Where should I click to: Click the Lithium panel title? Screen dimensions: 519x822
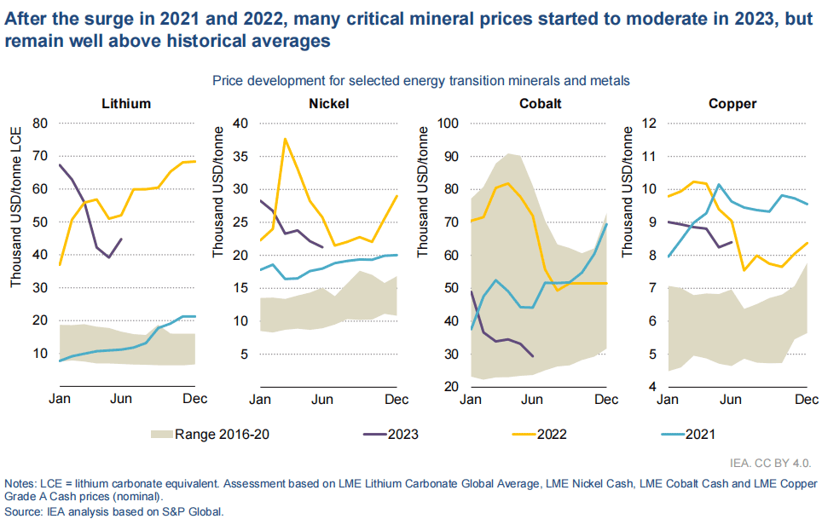click(x=126, y=104)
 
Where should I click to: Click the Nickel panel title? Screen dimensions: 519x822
click(x=328, y=104)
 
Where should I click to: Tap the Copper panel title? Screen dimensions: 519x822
click(x=732, y=104)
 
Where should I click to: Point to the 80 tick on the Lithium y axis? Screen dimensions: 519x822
click(x=39, y=123)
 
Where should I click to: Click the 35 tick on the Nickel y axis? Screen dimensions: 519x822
click(x=240, y=156)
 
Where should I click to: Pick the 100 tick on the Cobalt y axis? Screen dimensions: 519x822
click(x=447, y=123)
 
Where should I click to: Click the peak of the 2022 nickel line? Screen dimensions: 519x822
click(x=285, y=139)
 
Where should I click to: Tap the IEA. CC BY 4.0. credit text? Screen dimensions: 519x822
click(x=770, y=464)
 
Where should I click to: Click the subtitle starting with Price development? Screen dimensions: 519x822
click(x=420, y=81)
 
